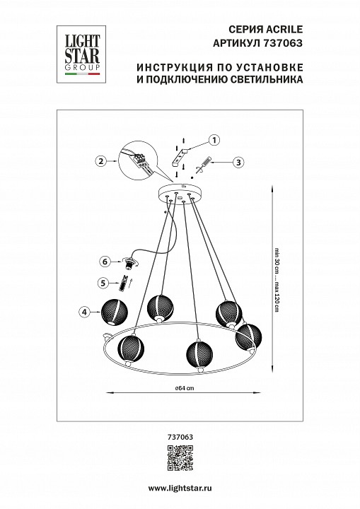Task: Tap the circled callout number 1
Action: (214, 140)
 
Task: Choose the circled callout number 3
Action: (238, 162)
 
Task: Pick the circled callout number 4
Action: (84, 310)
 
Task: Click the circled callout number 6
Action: (104, 261)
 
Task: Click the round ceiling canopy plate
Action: (180, 193)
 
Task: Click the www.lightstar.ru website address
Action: (180, 489)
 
